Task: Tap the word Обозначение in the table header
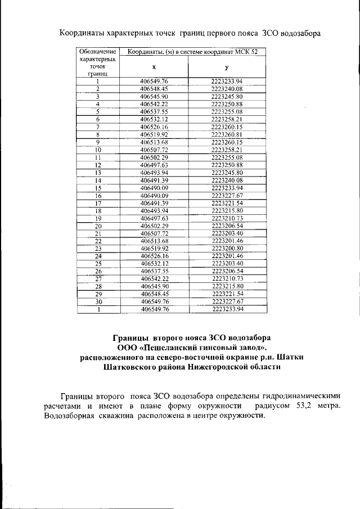[x=97, y=52]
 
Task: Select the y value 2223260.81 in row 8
[x=227, y=135]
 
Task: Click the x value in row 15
[x=154, y=187]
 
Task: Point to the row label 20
[x=97, y=225]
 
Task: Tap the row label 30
[x=97, y=301]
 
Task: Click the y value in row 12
[x=227, y=165]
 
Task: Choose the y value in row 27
[x=227, y=278]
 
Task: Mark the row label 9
[x=97, y=142]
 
